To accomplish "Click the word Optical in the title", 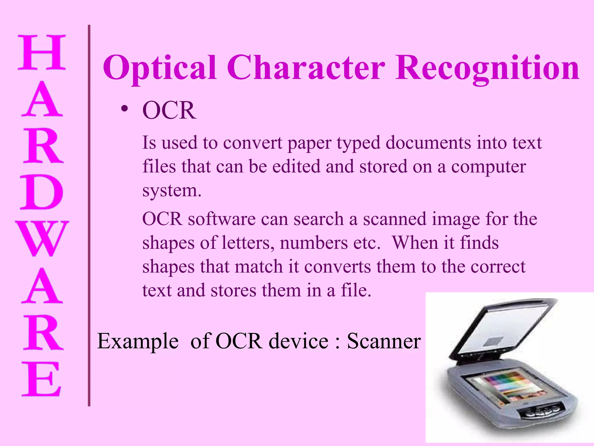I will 160,68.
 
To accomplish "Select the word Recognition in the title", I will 487,68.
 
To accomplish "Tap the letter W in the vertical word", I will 42,239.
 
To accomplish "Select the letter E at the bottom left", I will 42,379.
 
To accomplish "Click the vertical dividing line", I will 89,215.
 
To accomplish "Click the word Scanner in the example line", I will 384,341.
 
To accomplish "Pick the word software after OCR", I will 222,219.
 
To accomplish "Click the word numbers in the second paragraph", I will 314,243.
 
